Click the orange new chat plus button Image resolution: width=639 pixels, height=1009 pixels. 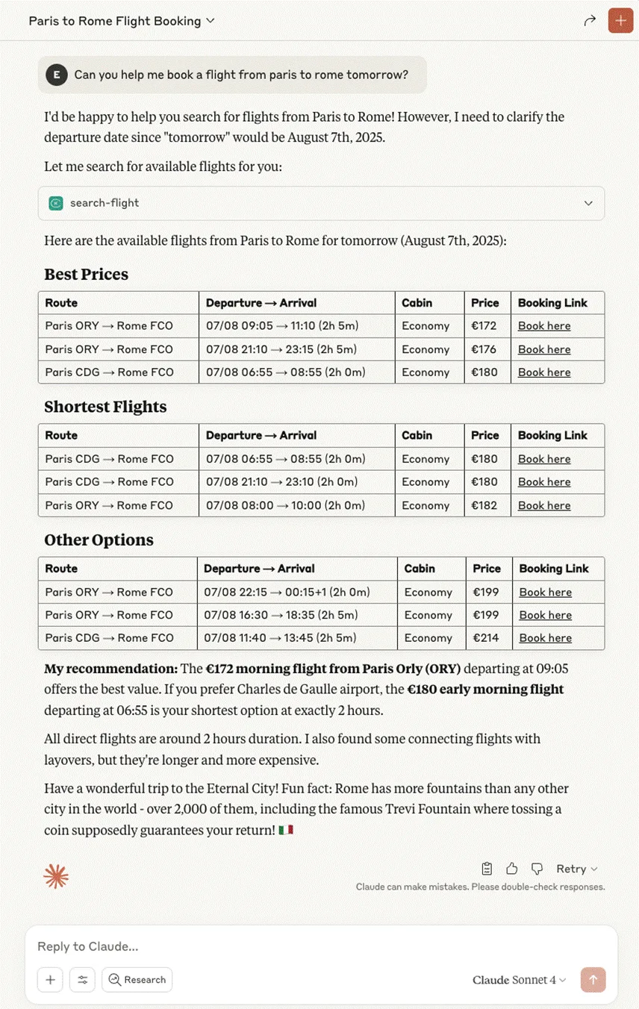[x=620, y=20]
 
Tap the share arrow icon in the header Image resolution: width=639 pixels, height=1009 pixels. [x=590, y=21]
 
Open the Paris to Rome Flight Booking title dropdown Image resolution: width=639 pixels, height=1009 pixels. [x=122, y=21]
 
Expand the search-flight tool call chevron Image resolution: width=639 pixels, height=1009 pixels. [x=588, y=203]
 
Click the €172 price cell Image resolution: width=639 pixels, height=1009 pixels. [x=484, y=326]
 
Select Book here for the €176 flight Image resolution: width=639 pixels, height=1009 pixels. [x=544, y=349]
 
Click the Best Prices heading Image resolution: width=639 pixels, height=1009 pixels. [x=86, y=274]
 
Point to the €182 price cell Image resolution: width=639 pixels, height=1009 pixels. [x=484, y=505]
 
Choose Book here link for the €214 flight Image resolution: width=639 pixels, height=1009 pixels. [x=546, y=638]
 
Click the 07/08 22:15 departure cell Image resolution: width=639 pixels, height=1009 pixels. [x=287, y=592]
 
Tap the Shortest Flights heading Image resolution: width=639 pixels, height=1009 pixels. [x=105, y=407]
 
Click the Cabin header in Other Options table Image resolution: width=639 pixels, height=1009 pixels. [x=420, y=569]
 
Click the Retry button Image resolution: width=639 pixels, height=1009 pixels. [x=576, y=869]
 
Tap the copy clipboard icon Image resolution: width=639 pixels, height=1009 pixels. [x=487, y=869]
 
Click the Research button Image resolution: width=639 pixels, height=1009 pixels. [x=137, y=980]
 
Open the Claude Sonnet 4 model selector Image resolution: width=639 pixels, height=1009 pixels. [x=519, y=980]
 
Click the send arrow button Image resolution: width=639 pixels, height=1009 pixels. [x=593, y=980]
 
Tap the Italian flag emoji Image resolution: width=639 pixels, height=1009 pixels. [x=285, y=830]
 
